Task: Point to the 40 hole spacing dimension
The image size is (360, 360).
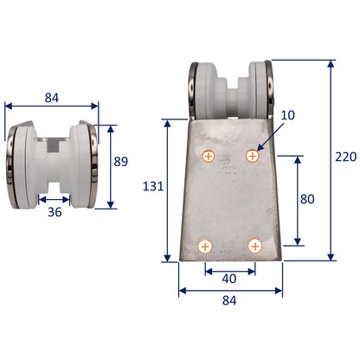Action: point(228,279)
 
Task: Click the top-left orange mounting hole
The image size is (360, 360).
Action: point(207,157)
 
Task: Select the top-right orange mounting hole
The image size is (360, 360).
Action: point(253,156)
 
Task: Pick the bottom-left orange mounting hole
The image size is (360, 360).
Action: point(205,247)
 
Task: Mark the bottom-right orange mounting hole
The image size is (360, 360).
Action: point(254,247)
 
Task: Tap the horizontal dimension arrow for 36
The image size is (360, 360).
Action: point(53,197)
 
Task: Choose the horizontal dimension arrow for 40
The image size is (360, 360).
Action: point(229,268)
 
